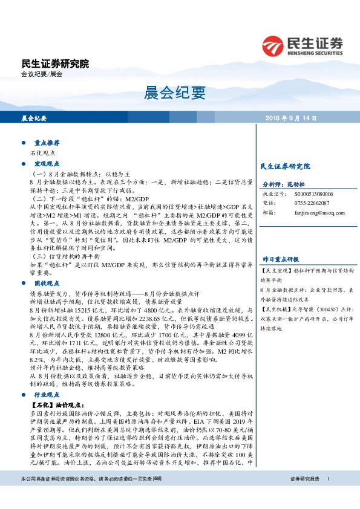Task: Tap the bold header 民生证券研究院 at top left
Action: pos(55,63)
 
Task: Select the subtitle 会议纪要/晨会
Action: pos(42,74)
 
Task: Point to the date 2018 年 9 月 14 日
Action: pos(291,118)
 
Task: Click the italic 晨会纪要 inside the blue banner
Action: pos(34,118)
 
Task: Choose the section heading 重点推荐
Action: pos(47,143)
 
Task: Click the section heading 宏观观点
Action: pos(47,164)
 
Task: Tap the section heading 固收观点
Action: pos(47,266)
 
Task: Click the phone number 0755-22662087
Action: pos(312,203)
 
